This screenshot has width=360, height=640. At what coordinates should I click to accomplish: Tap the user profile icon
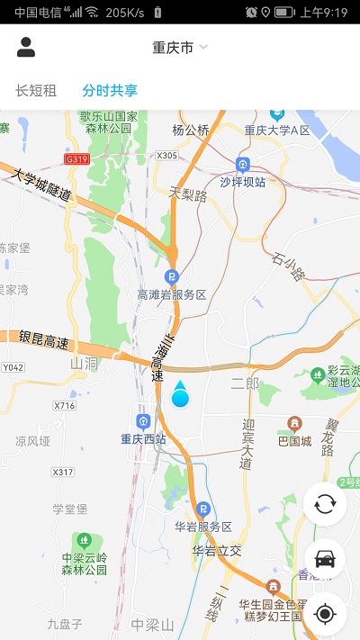[26, 48]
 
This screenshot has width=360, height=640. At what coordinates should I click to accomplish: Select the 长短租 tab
[36, 90]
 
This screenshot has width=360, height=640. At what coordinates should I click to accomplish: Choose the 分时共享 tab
[110, 90]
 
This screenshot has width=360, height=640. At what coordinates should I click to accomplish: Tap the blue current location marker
[180, 397]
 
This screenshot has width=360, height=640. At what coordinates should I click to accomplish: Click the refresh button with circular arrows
[325, 503]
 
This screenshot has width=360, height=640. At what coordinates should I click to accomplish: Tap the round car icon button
[325, 559]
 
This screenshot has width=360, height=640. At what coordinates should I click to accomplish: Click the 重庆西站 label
[144, 439]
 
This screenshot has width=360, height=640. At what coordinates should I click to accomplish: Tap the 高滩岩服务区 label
[172, 294]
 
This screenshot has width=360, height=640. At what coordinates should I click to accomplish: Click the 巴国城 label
[294, 441]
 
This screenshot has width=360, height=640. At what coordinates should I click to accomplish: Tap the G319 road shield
[78, 159]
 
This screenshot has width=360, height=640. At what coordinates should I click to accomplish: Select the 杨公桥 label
[191, 131]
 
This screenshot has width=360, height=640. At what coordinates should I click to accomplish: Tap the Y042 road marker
[13, 367]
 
